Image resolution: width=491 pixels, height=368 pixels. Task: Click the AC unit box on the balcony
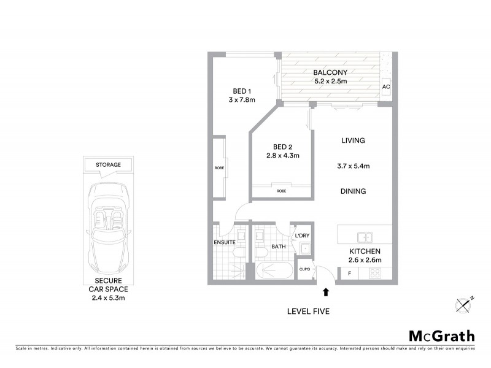click(x=386, y=86)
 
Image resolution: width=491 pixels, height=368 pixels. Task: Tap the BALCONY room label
click(x=330, y=71)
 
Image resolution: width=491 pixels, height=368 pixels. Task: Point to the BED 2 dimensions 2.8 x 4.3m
click(x=282, y=156)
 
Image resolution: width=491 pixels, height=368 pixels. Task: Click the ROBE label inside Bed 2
click(x=281, y=191)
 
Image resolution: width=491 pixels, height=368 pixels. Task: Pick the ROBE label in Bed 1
click(x=219, y=168)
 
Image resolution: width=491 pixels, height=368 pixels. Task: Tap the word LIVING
click(x=353, y=140)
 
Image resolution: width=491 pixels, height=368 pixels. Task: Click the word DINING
click(x=353, y=191)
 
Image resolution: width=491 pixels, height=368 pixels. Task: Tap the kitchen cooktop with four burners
click(x=374, y=274)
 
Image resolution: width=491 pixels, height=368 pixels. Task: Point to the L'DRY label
click(x=302, y=236)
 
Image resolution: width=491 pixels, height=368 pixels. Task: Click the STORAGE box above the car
click(x=108, y=165)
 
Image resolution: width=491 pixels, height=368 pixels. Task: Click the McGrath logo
click(x=442, y=335)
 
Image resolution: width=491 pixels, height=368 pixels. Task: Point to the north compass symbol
click(x=463, y=304)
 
